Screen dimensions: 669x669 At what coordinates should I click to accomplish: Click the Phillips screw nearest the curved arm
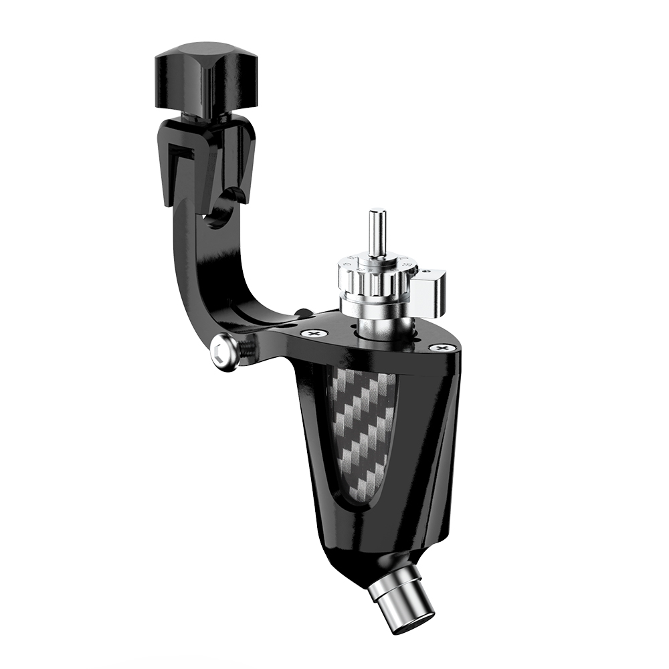click(312, 333)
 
